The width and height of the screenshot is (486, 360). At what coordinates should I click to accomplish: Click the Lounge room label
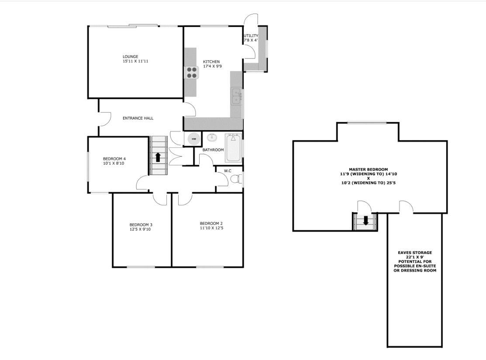pyautogui.click(x=130, y=56)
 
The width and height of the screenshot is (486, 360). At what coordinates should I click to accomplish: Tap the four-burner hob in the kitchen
pyautogui.click(x=191, y=72)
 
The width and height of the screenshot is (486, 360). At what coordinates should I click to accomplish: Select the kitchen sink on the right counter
pyautogui.click(x=236, y=96)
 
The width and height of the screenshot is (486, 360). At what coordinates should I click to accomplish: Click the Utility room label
pyautogui.click(x=251, y=36)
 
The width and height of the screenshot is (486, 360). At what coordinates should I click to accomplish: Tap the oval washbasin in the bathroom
pyautogui.click(x=212, y=138)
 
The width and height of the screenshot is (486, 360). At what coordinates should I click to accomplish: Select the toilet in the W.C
pyautogui.click(x=236, y=179)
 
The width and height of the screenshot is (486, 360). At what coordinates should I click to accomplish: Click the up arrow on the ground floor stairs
pyautogui.click(x=158, y=156)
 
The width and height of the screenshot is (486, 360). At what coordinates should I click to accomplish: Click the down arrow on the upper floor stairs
pyautogui.click(x=365, y=221)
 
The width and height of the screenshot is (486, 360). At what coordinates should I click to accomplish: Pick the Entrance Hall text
pyautogui.click(x=138, y=118)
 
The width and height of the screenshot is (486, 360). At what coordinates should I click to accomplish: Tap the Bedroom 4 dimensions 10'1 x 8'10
pyautogui.click(x=114, y=163)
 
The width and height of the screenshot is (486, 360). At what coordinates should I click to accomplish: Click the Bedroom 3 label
pyautogui.click(x=141, y=225)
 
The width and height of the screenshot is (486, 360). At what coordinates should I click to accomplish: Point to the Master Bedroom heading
pyautogui.click(x=368, y=169)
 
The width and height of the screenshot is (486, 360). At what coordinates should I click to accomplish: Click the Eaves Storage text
pyautogui.click(x=414, y=253)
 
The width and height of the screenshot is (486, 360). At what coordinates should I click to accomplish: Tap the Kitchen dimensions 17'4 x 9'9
pyautogui.click(x=211, y=66)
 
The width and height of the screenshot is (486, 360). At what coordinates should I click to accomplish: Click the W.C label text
pyautogui.click(x=227, y=171)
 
